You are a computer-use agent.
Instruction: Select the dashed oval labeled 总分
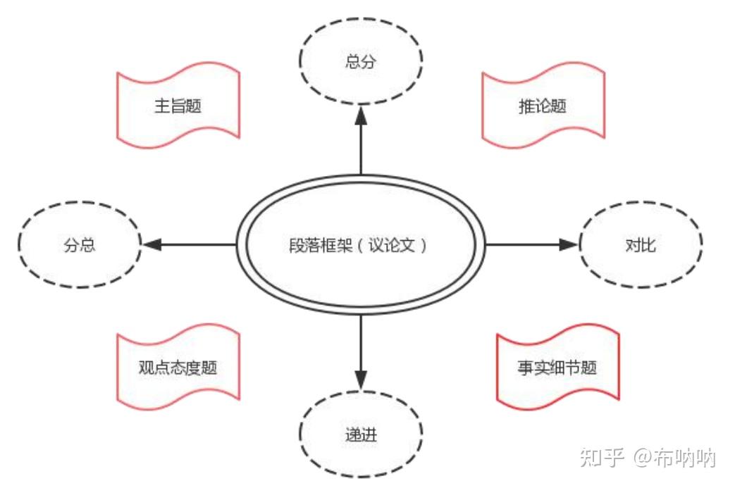tap(361, 62)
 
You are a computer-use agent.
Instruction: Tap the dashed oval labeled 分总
tap(79, 246)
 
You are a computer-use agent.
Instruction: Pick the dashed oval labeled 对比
tap(640, 245)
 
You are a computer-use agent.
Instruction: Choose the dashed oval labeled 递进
tap(361, 434)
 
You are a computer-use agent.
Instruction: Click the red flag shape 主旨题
tap(178, 106)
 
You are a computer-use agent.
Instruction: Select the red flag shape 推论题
tap(543, 106)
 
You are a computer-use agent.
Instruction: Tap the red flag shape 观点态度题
tap(178, 368)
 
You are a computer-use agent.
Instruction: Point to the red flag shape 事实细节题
tap(557, 368)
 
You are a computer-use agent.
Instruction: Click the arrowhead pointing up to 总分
tap(361, 115)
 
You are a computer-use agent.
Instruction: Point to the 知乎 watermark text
tap(601, 458)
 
